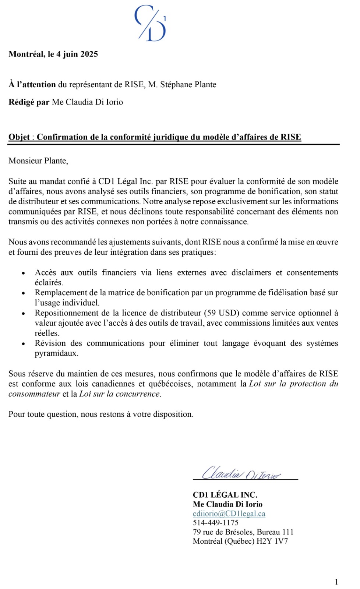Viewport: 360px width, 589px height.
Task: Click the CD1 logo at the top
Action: pyautogui.click(x=151, y=23)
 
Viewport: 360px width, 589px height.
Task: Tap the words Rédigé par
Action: pyautogui.click(x=29, y=102)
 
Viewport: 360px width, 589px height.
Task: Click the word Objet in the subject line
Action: pyautogui.click(x=19, y=137)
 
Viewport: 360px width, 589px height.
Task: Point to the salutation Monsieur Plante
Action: pyautogui.click(x=38, y=161)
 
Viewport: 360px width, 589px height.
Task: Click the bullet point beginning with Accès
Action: pyautogui.click(x=24, y=273)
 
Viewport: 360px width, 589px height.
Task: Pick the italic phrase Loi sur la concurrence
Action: pyautogui.click(x=120, y=394)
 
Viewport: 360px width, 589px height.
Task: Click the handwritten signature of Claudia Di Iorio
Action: pyautogui.click(x=241, y=473)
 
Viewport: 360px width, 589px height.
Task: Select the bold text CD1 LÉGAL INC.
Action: pyautogui.click(x=225, y=495)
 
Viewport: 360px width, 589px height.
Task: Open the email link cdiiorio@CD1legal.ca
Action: pyautogui.click(x=229, y=514)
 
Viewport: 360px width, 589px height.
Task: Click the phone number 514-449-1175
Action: pyautogui.click(x=215, y=522)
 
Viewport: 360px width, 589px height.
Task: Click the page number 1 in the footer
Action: pyautogui.click(x=336, y=582)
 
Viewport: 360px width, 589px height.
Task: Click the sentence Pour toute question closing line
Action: pyautogui.click(x=101, y=414)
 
